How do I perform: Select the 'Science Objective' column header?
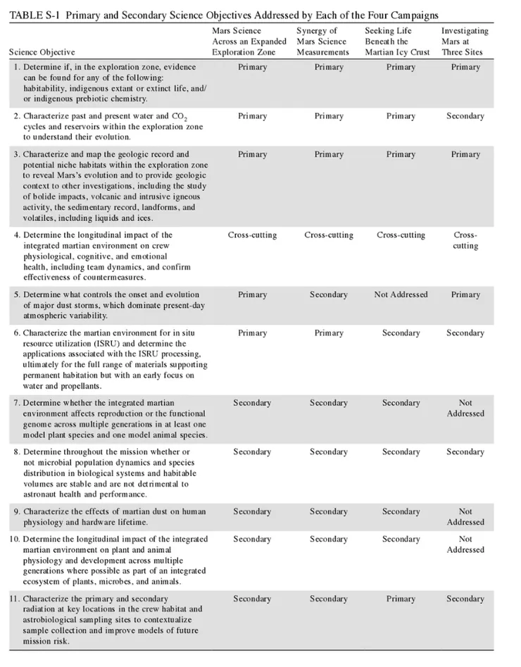point(42,53)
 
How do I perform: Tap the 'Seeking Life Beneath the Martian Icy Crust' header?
point(401,42)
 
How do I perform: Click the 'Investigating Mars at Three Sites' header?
point(465,42)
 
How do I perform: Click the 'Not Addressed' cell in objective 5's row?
point(401,294)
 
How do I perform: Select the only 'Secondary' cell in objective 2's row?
point(465,116)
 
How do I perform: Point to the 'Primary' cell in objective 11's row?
point(401,599)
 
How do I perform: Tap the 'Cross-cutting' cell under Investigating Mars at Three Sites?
point(465,240)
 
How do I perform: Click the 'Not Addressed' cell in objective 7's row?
point(465,408)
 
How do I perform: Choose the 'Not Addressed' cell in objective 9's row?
point(465,516)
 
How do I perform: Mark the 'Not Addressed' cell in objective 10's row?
point(465,544)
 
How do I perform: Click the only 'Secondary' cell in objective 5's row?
point(328,294)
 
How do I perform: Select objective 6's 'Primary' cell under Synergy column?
point(328,332)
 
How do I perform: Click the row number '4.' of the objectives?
point(16,235)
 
